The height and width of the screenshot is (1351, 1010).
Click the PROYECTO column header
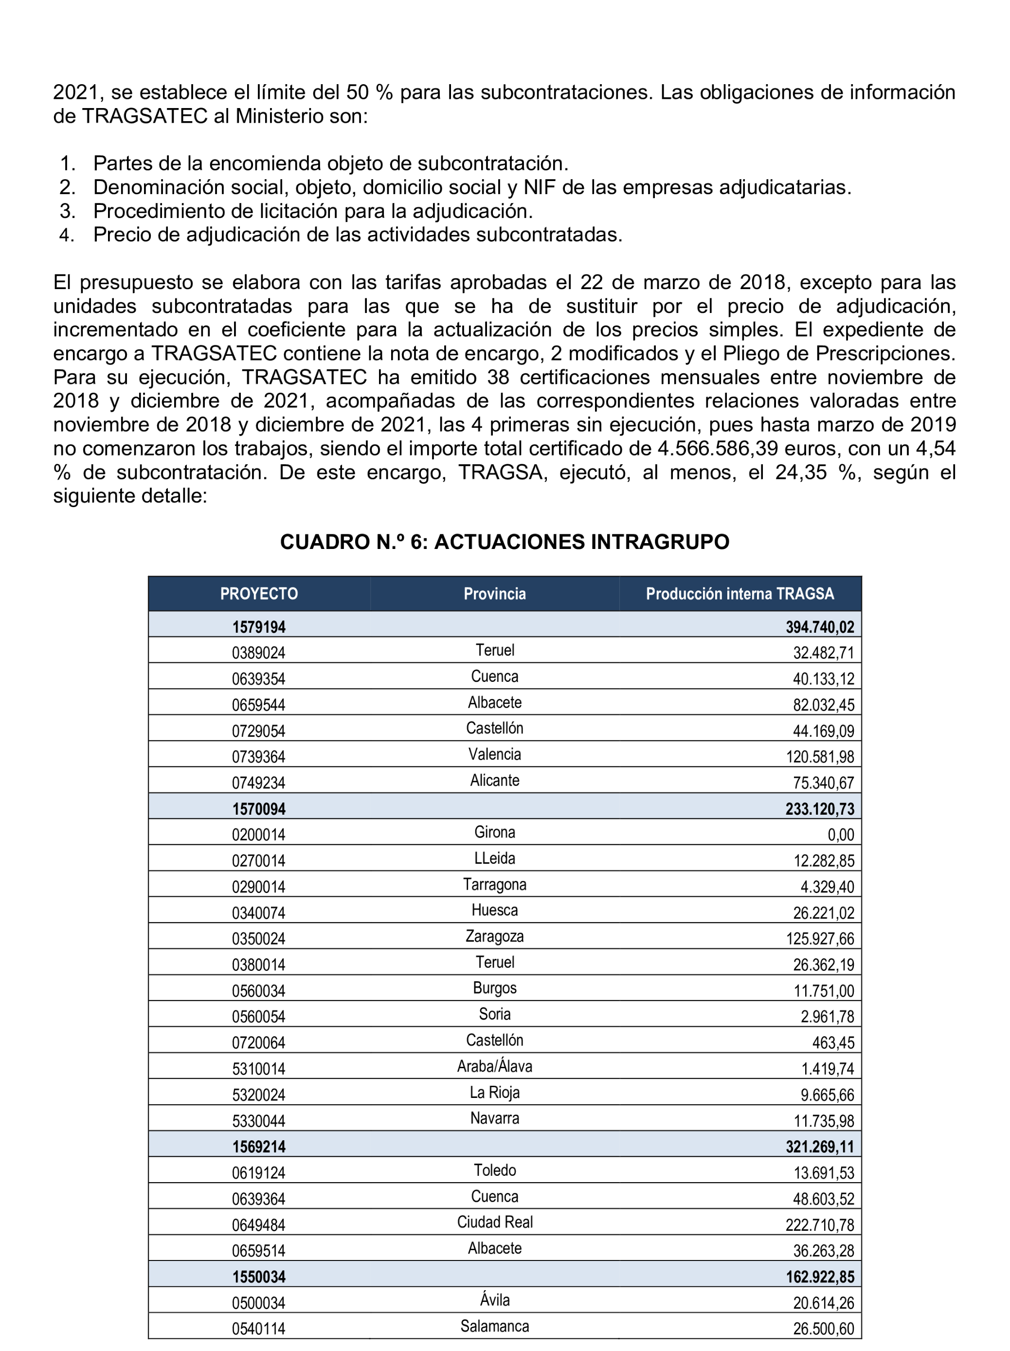click(259, 594)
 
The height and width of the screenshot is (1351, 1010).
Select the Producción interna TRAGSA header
click(739, 594)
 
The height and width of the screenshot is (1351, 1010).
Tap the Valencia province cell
click(495, 754)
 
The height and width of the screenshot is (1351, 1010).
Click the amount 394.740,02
click(819, 627)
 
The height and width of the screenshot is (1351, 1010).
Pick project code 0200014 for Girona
click(258, 835)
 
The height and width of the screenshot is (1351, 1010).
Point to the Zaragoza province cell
click(495, 936)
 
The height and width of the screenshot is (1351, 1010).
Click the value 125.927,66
click(819, 939)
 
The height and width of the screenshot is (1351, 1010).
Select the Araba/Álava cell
click(495, 1066)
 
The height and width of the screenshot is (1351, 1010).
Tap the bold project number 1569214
click(259, 1147)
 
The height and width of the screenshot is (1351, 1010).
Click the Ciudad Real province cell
click(495, 1222)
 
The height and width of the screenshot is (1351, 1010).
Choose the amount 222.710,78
click(819, 1224)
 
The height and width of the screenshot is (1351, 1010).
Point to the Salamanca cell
click(495, 1326)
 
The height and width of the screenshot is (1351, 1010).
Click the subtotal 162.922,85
click(819, 1277)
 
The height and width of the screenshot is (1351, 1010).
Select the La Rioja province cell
click(495, 1093)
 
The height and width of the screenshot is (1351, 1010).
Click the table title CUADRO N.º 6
click(505, 542)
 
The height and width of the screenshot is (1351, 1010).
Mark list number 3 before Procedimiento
click(67, 211)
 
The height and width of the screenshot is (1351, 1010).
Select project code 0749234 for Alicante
click(258, 783)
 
